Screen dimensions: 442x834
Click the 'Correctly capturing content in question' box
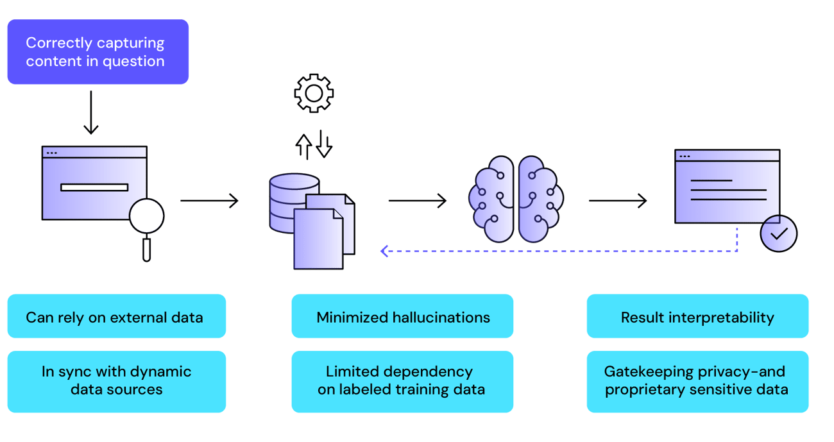point(98,52)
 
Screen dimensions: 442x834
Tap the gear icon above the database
point(314,94)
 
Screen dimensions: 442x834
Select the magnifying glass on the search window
point(147,219)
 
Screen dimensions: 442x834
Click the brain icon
point(516,200)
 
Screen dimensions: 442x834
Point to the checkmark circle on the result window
point(778,234)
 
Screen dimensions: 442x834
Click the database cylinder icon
point(288,203)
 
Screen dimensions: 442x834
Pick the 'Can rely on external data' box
point(116,316)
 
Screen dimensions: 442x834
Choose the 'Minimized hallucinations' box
point(402,316)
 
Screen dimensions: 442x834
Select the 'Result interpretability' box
point(697,316)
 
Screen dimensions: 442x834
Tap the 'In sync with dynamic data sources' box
point(116,381)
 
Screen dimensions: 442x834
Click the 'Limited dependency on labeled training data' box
point(402,381)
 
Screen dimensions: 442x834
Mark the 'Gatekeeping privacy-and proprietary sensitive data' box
point(697,381)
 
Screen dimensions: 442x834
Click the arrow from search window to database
point(209,201)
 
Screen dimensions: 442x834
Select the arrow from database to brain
point(417,201)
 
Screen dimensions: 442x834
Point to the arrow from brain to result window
point(618,201)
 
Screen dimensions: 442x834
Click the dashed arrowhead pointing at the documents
point(386,251)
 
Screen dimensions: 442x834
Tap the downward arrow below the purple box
point(91,113)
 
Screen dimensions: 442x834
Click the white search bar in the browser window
point(94,187)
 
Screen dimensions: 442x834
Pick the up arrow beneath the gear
point(303,146)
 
